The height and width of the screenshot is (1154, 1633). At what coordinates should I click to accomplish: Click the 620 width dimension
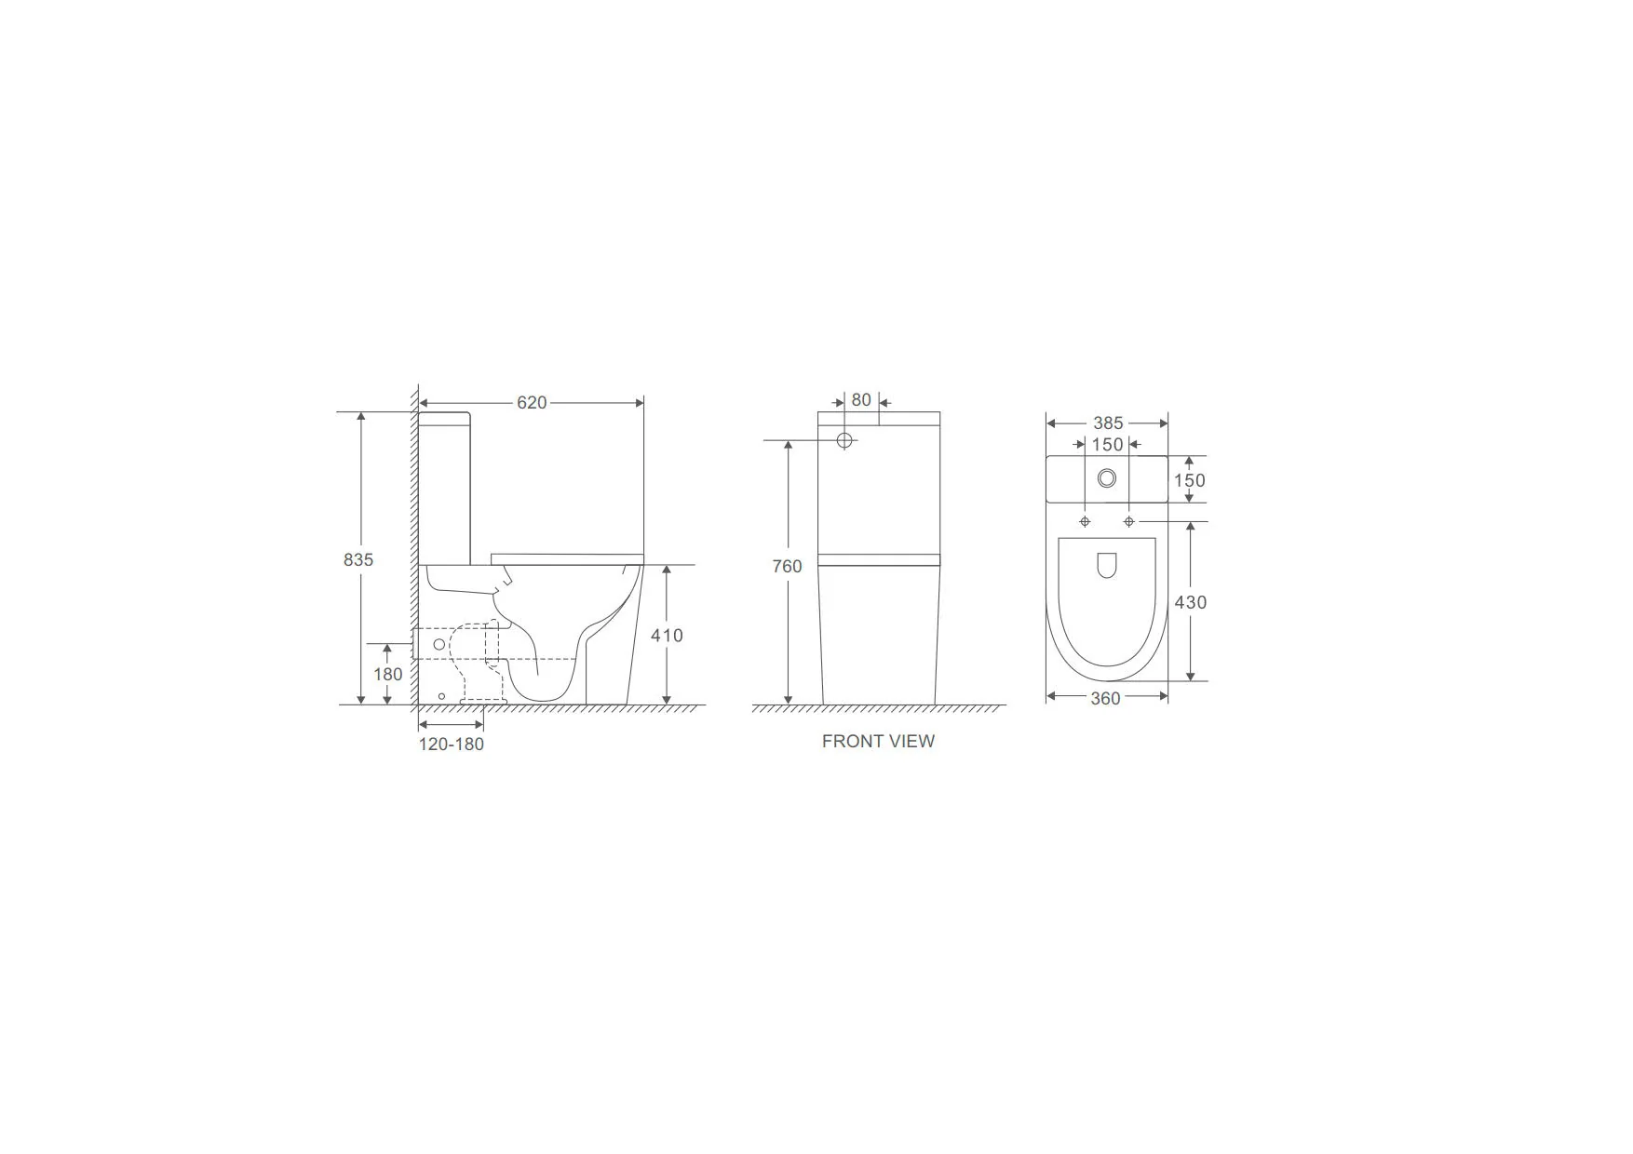tap(532, 403)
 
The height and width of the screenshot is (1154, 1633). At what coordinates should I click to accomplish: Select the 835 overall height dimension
tap(358, 559)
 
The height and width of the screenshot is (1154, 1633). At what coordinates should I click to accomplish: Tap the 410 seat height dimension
tap(667, 636)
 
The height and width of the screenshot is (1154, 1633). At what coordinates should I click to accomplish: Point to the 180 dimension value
tap(388, 675)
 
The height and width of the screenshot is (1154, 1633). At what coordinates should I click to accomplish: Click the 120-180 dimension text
tap(452, 745)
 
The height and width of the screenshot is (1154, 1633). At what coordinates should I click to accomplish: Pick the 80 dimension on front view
tap(861, 400)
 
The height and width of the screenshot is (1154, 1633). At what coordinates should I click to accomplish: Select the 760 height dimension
tap(787, 566)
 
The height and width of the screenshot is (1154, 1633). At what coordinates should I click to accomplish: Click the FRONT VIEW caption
tap(878, 742)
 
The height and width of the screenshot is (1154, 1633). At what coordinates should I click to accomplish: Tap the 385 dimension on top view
tap(1108, 423)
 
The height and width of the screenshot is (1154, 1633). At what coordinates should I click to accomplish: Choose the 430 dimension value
tap(1190, 602)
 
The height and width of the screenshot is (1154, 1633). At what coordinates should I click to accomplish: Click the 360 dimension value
tap(1105, 699)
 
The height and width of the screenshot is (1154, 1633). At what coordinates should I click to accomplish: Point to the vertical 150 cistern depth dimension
tap(1189, 480)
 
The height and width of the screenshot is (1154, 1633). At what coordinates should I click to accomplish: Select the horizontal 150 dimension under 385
tap(1108, 445)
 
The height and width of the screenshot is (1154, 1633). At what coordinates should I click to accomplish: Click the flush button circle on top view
tap(1107, 478)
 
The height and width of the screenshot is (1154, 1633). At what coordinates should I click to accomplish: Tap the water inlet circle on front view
tap(844, 440)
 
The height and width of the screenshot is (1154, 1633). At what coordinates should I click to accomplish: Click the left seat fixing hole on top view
tap(1085, 522)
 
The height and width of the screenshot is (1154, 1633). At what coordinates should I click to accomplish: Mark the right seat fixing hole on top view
tap(1129, 522)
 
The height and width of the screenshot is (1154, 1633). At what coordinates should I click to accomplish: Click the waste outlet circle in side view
tap(439, 644)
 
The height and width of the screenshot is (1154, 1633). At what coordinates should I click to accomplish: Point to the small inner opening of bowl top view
tap(1106, 565)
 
